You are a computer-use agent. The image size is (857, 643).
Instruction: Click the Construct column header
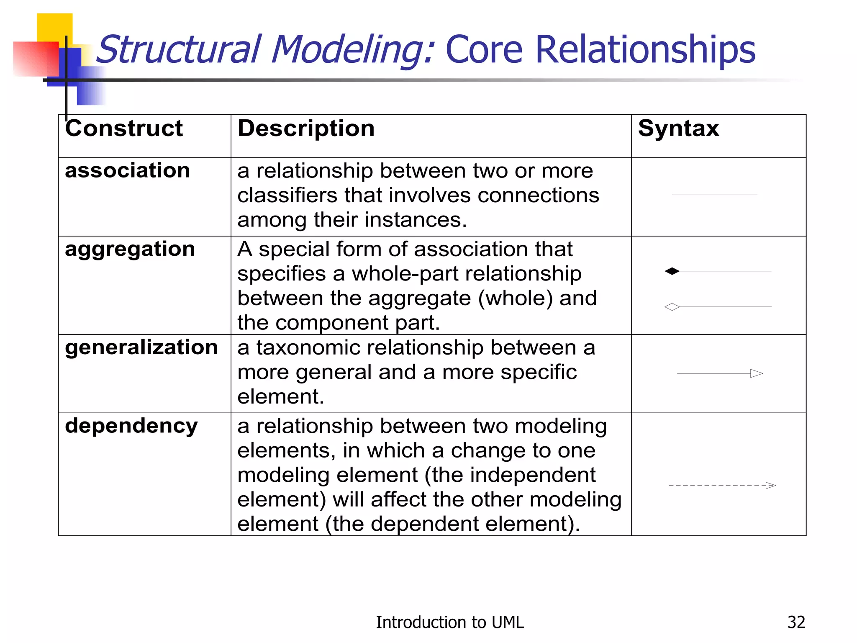(x=124, y=128)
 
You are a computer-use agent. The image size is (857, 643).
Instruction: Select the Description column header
(x=306, y=128)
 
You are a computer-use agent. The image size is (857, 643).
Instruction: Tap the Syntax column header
(x=678, y=128)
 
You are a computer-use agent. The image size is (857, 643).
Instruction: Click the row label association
(x=127, y=170)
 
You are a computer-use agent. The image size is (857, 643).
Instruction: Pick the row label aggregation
(x=130, y=249)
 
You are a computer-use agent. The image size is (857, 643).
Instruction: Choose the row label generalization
(x=141, y=347)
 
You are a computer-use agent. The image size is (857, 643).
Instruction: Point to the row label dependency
(x=131, y=426)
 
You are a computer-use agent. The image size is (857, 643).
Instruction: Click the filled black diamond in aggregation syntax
(x=672, y=271)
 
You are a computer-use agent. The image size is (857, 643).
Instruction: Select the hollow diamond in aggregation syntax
(x=672, y=307)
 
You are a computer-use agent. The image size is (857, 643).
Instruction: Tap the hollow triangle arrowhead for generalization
(x=757, y=373)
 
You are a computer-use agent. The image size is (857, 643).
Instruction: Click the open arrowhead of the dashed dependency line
(x=771, y=485)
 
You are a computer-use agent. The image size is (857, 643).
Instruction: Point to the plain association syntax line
(x=714, y=194)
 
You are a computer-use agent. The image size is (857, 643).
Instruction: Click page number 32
(x=796, y=622)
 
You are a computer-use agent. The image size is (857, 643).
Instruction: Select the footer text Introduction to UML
(x=449, y=622)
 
